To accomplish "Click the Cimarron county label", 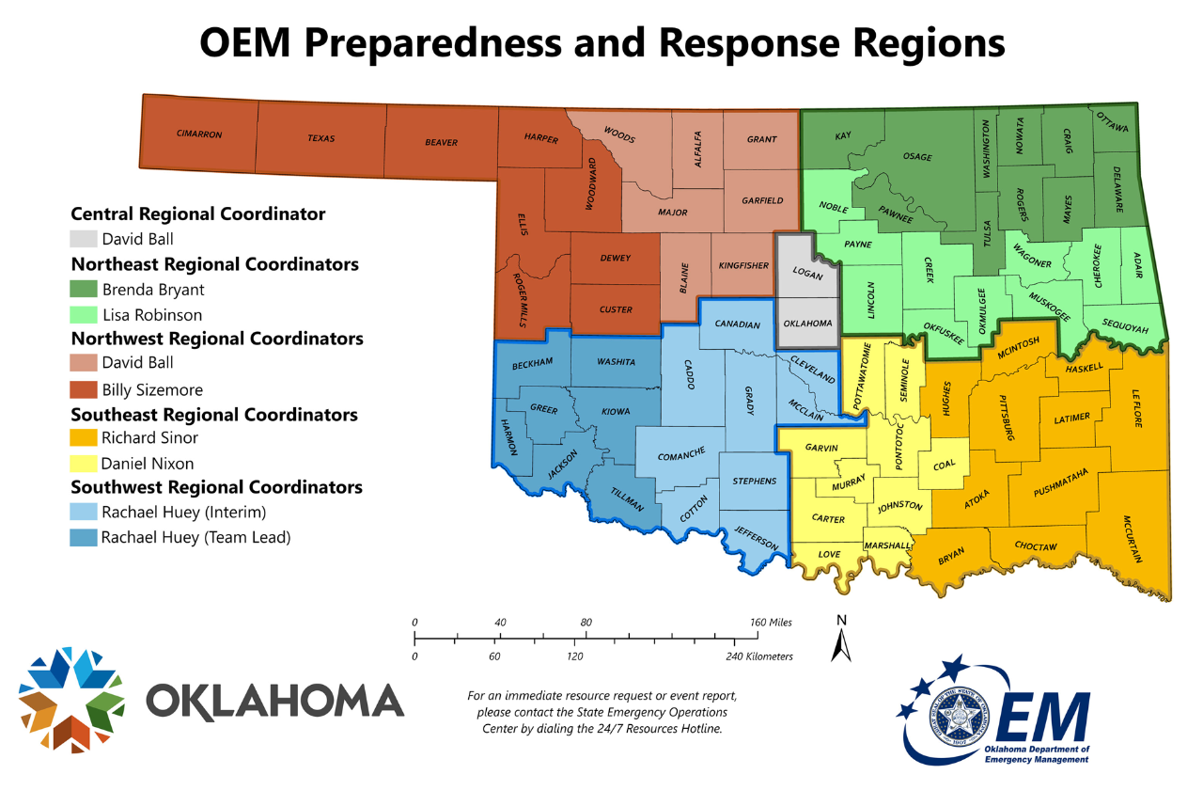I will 199,134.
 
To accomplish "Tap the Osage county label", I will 917,157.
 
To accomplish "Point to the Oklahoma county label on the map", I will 807,324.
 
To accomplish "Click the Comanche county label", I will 681,455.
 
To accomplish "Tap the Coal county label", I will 945,466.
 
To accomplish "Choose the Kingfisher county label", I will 743,266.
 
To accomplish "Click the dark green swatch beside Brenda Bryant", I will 84,290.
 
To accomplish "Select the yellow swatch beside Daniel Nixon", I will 84,464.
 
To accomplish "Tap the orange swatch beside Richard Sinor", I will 84,437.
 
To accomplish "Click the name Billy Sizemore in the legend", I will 152,389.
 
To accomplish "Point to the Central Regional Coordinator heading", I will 198,213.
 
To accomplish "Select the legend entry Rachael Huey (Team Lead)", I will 195,538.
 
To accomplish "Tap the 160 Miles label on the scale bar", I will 770,623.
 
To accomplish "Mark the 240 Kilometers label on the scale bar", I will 759,656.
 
